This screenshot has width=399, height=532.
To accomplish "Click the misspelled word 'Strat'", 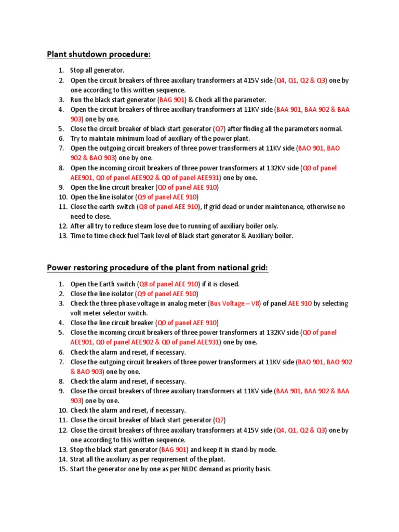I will (x=78, y=459).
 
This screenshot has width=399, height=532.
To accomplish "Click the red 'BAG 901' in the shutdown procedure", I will (x=171, y=100).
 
